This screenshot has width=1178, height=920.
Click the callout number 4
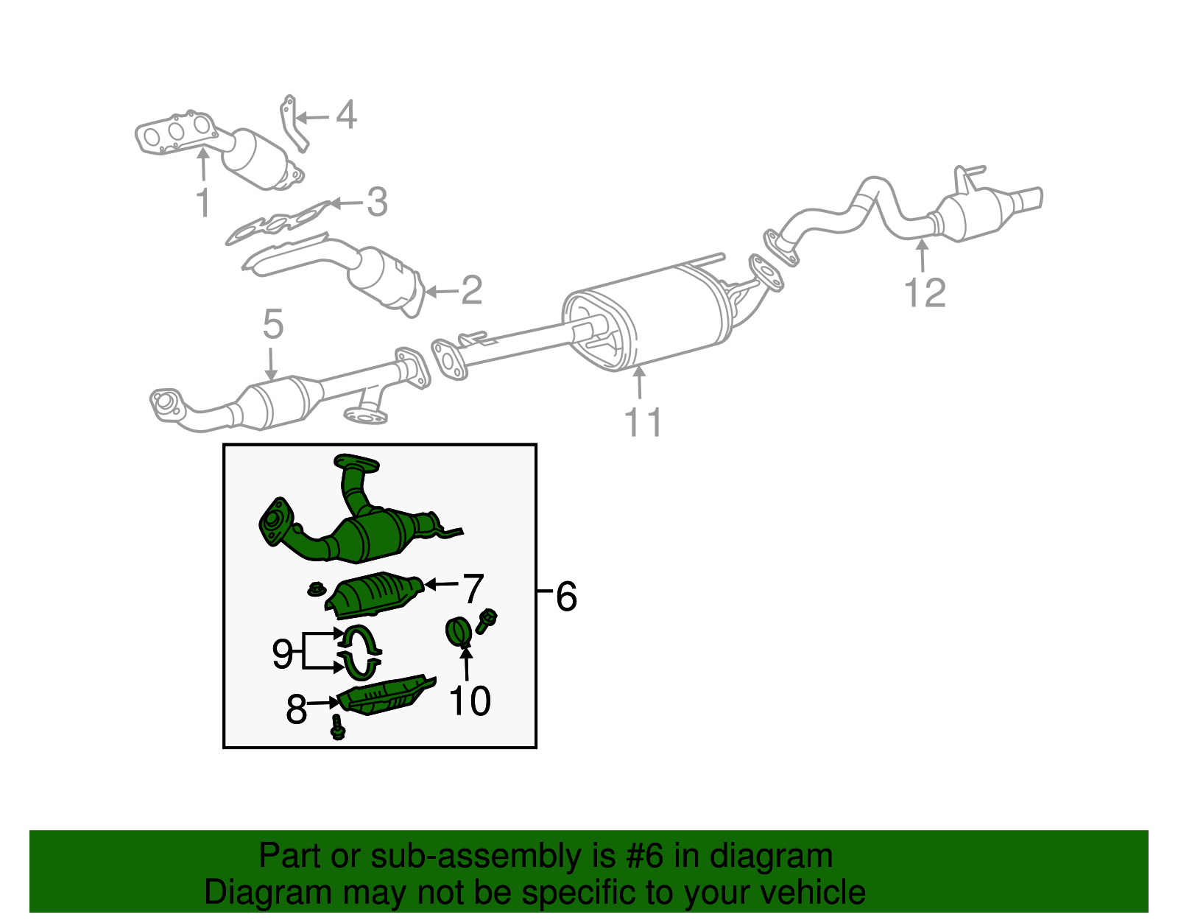[x=346, y=116]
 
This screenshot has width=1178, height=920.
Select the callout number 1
[x=203, y=203]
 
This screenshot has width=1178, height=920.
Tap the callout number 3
[x=377, y=202]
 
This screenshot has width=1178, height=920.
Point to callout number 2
[x=471, y=290]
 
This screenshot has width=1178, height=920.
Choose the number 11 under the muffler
[x=643, y=423]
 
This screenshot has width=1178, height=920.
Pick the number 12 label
[x=925, y=293]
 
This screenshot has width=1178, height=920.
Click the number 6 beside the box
[x=565, y=596]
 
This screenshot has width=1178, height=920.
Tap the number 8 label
[x=296, y=710]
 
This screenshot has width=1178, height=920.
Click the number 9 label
[x=282, y=653]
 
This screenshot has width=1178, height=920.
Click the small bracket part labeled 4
[x=292, y=125]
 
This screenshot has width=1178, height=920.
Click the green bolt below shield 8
[x=338, y=728]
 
